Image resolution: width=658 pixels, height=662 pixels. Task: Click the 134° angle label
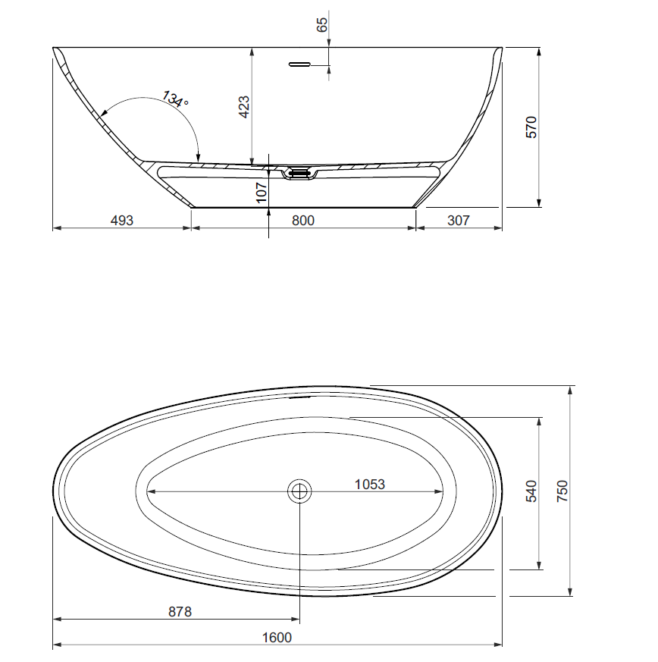tap(175, 99)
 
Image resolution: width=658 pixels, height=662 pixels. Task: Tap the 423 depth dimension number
tap(244, 107)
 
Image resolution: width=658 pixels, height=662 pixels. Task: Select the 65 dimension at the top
tap(322, 24)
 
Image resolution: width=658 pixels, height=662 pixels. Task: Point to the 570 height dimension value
tap(532, 127)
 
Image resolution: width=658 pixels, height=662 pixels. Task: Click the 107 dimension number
tap(262, 193)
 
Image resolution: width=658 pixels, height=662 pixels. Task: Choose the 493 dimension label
tap(121, 221)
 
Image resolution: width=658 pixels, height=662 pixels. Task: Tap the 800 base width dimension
tap(303, 221)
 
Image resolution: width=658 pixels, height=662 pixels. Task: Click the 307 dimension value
tap(459, 221)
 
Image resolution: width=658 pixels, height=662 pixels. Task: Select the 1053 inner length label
tap(370, 485)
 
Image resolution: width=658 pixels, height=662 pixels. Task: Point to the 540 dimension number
tap(531, 491)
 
